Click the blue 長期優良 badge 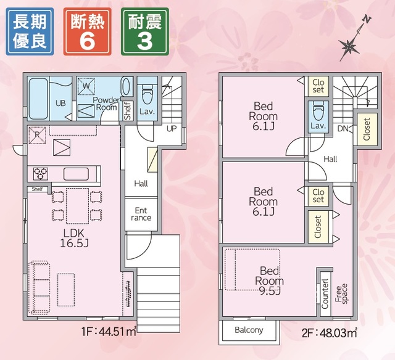(x=30, y=31)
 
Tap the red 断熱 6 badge (x=88, y=31)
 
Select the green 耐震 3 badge (x=145, y=31)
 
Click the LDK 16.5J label (x=74, y=238)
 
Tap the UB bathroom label (x=60, y=103)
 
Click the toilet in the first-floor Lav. (x=147, y=96)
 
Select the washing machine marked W (x=86, y=86)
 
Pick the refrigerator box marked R (x=37, y=135)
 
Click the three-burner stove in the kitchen (x=41, y=174)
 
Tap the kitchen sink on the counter (x=76, y=174)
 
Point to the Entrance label (x=141, y=214)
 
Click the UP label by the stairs (x=172, y=129)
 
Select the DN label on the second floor (x=343, y=129)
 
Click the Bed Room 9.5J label (x=269, y=280)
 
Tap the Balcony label (x=249, y=330)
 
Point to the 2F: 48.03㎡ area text (x=330, y=333)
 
